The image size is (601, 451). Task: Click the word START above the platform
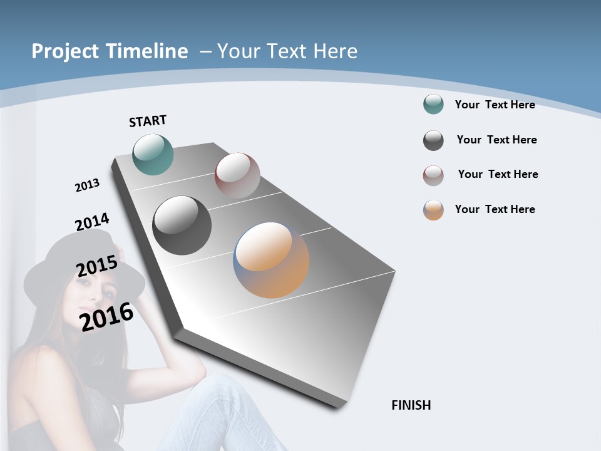point(148,121)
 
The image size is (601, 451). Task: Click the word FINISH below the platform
point(411,405)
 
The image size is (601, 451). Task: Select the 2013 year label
point(87,185)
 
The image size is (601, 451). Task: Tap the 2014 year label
point(92,222)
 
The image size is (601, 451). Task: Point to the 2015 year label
point(96,266)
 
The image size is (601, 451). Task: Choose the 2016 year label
point(106,316)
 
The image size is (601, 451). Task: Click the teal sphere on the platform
point(153,154)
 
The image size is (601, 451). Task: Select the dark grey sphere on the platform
point(182,225)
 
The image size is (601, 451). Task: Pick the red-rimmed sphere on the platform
point(237,175)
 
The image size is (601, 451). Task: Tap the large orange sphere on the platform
point(271,260)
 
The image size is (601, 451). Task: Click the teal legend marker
point(433,105)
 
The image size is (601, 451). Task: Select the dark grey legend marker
point(433,140)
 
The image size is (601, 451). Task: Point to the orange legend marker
point(433,210)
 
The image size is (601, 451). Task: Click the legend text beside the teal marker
point(495,105)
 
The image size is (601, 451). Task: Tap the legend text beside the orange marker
point(495,209)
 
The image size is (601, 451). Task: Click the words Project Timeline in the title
point(110,51)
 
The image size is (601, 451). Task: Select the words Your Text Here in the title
point(287,51)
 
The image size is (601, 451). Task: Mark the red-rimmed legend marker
point(433,175)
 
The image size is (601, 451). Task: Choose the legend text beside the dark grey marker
point(496,140)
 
